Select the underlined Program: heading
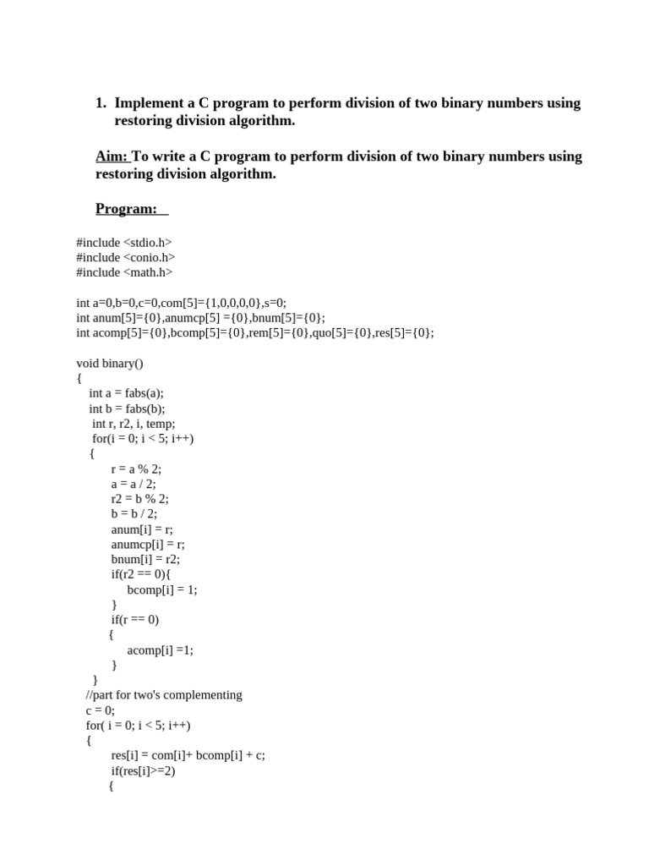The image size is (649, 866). click(127, 209)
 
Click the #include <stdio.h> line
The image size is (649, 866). click(124, 242)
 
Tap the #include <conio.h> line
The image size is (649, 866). click(126, 257)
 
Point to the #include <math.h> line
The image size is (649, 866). click(124, 272)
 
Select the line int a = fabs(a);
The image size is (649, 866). click(126, 393)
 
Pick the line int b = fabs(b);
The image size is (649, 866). click(127, 408)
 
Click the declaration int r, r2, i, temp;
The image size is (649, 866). click(134, 424)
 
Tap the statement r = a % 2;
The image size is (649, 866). click(136, 469)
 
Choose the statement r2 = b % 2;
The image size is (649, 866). click(139, 499)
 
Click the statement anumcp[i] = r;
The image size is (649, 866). click(148, 544)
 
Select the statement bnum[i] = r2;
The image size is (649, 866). click(145, 559)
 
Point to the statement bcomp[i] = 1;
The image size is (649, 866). click(161, 589)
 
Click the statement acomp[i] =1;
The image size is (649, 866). click(160, 649)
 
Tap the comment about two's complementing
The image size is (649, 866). click(164, 695)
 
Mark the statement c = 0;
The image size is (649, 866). click(100, 710)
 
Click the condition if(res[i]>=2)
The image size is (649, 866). click(143, 770)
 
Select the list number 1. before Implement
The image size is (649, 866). click(101, 103)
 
